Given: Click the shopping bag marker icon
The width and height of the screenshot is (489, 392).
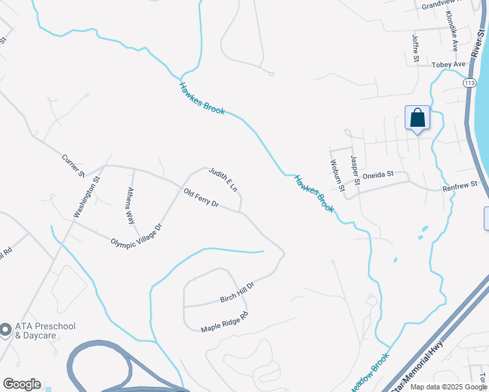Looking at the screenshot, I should [x=417, y=118].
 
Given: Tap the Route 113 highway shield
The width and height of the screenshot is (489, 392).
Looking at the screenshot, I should [x=469, y=83].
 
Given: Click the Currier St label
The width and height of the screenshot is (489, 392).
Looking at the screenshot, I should [x=73, y=165].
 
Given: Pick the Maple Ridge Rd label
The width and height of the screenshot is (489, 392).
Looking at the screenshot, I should [x=225, y=321].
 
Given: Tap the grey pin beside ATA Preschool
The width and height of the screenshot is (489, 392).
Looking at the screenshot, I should [x=6, y=331].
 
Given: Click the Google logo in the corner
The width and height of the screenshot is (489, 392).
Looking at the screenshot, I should [x=22, y=384].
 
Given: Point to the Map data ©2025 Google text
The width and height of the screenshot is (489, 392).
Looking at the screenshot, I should [x=448, y=387].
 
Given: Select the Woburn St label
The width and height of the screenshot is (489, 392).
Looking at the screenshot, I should [x=337, y=175].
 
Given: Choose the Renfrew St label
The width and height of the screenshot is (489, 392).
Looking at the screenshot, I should [x=460, y=185].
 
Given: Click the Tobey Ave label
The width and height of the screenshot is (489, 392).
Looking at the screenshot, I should [x=448, y=65].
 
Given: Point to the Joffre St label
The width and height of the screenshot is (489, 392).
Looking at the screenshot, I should [x=415, y=49].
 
